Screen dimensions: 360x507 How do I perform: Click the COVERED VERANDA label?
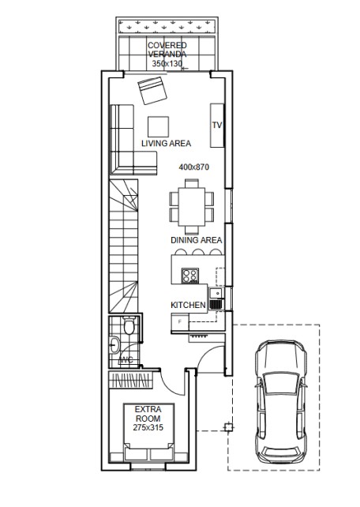coord(167,50)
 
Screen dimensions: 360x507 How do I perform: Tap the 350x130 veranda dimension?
coord(167,63)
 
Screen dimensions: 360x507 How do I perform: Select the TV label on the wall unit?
coord(217,125)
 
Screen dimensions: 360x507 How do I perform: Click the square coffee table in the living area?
coord(159,126)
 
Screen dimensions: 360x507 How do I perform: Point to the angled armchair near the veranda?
coord(152,91)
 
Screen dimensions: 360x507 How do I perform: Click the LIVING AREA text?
coord(166,143)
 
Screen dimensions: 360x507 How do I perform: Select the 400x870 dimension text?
coord(194,167)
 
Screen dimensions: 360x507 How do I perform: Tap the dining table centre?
coord(192,207)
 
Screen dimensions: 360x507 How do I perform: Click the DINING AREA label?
coord(196,240)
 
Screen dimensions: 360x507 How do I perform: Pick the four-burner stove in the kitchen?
coord(189,276)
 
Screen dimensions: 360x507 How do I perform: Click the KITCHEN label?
coord(188,305)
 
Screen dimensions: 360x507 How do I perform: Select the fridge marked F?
coord(180,322)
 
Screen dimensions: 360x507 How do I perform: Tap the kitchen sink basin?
coord(215,294)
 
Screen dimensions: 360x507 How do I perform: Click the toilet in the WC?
coord(129,325)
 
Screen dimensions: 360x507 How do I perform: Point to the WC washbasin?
coord(114,345)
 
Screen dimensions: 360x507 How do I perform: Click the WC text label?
coord(126,359)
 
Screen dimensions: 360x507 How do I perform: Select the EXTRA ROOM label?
coord(148,414)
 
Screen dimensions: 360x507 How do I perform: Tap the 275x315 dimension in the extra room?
coord(148,427)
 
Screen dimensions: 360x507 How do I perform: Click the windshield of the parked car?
coord(280,384)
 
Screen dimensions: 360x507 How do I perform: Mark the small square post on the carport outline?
coord(228,427)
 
